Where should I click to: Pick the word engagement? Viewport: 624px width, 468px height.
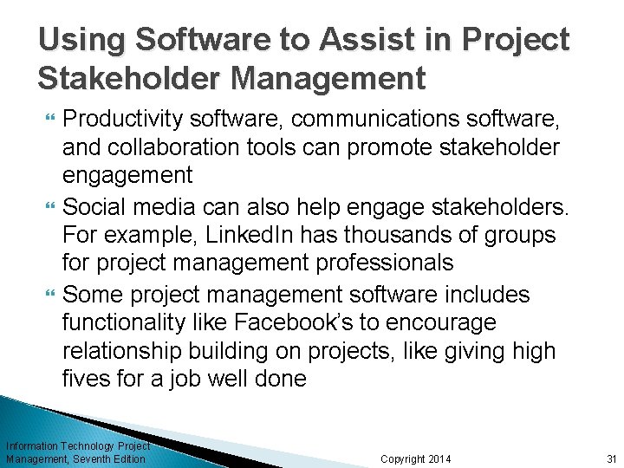(127, 175)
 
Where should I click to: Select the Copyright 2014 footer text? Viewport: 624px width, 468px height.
(416, 458)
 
